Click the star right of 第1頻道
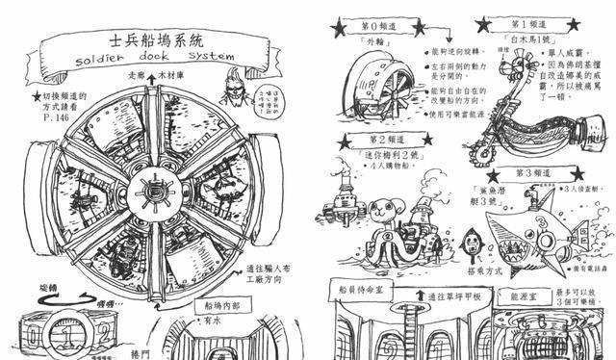578,24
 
